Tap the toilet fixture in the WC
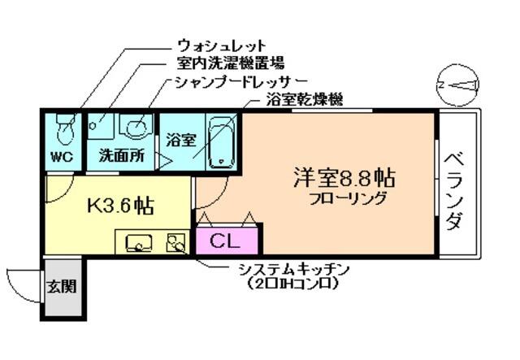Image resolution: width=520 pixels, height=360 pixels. tap(63, 128)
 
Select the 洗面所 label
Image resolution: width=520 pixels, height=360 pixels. tap(121, 156)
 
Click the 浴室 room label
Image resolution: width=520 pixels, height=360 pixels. tap(180, 139)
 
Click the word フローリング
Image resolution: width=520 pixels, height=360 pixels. tap(347, 199)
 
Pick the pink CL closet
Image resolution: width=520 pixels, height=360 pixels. tap(227, 241)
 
